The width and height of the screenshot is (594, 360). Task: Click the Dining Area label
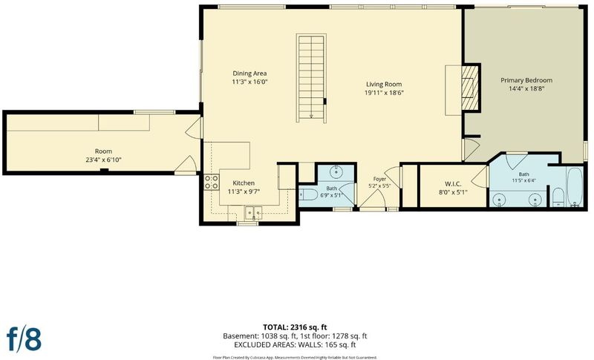[249, 73]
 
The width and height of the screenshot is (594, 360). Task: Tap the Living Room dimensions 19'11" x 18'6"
[384, 93]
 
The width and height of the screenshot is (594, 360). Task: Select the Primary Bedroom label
[526, 80]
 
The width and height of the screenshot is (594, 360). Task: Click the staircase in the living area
[311, 79]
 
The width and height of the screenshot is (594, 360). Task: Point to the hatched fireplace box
[470, 88]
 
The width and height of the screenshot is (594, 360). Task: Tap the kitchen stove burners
[212, 182]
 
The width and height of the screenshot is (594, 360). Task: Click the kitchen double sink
[253, 214]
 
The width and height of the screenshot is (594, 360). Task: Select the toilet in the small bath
[308, 194]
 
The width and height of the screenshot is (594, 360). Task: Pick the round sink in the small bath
[336, 172]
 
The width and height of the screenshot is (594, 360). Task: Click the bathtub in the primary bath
[575, 187]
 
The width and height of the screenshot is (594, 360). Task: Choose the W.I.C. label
[453, 184]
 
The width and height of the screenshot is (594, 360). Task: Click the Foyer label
[379, 179]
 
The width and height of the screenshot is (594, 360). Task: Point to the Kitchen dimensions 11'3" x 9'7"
[244, 192]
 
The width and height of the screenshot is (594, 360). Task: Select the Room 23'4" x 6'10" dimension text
[103, 160]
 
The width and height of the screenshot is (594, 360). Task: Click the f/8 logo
[24, 338]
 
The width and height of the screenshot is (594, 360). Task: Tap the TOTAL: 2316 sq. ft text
[295, 327]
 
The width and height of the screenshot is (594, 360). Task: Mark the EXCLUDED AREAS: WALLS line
[295, 345]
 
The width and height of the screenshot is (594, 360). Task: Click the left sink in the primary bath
[500, 199]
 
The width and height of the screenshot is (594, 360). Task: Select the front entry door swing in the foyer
[373, 198]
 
